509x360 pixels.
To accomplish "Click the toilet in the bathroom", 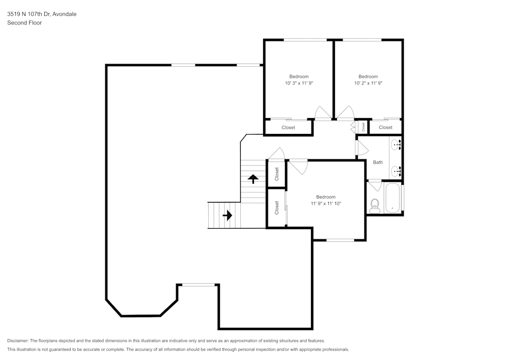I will click(375, 205).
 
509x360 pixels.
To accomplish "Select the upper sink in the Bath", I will click(396, 145).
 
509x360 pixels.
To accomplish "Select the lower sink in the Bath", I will click(396, 170).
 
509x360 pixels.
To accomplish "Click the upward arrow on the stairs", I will click(252, 178).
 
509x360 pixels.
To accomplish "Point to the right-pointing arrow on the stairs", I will click(227, 215).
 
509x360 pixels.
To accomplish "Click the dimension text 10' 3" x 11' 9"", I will click(299, 82).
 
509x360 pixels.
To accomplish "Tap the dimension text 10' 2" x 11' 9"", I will click(368, 82).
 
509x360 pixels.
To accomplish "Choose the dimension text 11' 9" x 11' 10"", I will click(326, 203).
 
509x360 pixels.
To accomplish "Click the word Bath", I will click(378, 162).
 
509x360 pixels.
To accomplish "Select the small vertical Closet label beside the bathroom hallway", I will click(363, 127).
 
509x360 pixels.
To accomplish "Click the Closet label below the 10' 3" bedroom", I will click(288, 127).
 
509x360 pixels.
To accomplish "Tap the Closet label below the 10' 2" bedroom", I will click(385, 127).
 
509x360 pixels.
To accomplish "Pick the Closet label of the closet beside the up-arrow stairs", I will click(277, 174).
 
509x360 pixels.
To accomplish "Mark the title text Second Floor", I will click(24, 23).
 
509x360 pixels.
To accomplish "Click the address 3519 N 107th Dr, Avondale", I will click(42, 14).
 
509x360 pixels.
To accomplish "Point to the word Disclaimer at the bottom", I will click(18, 341).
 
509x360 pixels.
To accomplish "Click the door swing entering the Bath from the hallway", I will click(362, 148).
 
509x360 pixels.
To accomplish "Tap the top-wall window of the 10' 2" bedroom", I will click(362, 40).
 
